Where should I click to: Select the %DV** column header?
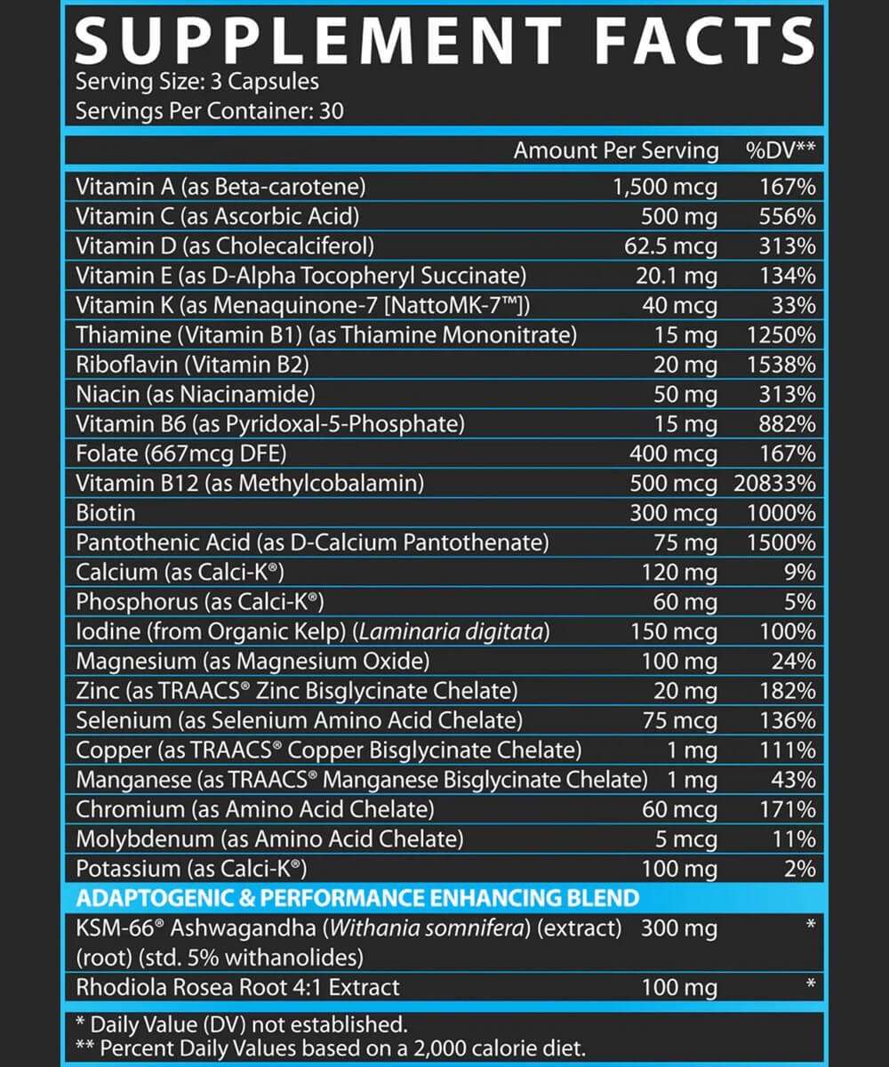(780, 150)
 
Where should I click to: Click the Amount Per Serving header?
(615, 150)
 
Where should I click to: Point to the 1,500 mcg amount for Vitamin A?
(665, 187)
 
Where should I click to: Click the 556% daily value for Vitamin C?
(788, 216)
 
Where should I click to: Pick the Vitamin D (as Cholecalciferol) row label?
(225, 246)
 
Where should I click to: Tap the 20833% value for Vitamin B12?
(774, 484)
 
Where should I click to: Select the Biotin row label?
(106, 513)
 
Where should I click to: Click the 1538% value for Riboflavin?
(781, 365)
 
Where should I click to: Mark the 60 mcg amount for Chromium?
(679, 810)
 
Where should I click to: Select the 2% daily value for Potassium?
(800, 869)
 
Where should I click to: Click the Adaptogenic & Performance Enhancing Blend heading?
(357, 897)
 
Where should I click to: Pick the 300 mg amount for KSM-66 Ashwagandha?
(679, 928)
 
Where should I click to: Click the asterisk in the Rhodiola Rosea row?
(810, 985)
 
